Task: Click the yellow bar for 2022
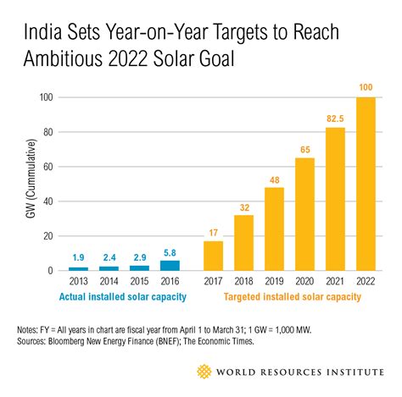[366, 185]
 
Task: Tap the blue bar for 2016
[170, 266]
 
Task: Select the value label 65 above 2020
[305, 150]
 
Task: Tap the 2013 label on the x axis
[77, 282]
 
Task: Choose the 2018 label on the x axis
[244, 282]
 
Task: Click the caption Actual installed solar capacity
[124, 297]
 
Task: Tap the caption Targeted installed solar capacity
[293, 297]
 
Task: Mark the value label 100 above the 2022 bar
[366, 89]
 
